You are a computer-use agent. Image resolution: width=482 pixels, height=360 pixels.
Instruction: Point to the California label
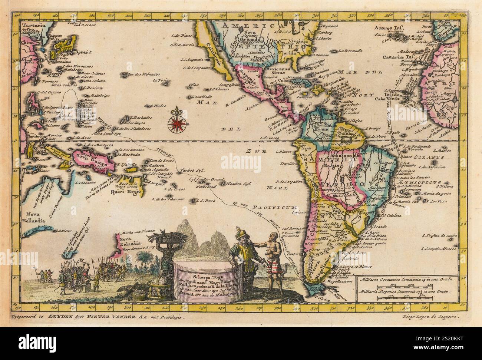[x=211, y=52]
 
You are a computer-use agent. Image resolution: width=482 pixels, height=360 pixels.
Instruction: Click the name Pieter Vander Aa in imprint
[x=106, y=317]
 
